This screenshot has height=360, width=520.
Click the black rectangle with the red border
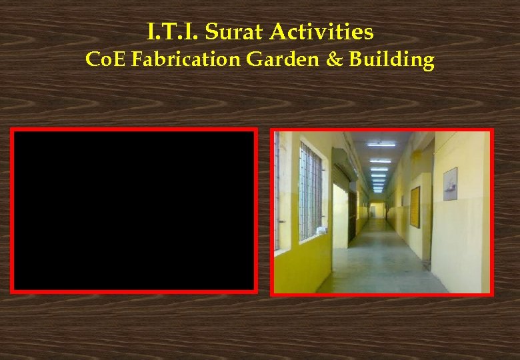point(134,211)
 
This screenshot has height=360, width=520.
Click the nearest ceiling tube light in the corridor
point(381,144)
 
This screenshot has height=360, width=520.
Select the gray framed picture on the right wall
point(450,183)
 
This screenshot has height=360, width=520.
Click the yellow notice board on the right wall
point(415,207)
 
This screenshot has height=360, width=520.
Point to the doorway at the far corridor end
point(377,209)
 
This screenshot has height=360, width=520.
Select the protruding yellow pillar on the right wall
point(424,200)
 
